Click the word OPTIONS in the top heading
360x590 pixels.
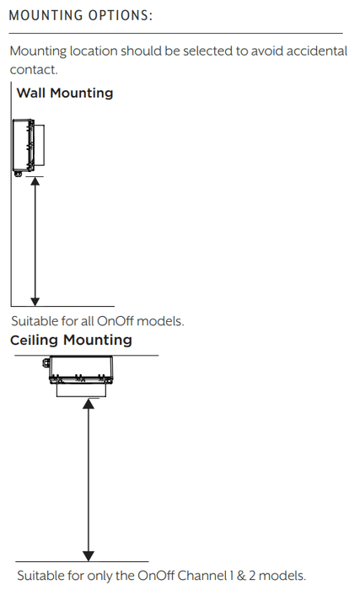click(x=120, y=15)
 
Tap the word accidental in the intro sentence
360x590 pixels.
click(x=317, y=51)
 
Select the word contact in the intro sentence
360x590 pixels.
click(x=34, y=70)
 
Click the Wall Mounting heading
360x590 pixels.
click(x=65, y=93)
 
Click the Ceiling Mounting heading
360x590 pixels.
click(x=71, y=340)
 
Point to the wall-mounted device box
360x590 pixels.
click(x=28, y=145)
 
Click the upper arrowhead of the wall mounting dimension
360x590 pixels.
click(x=35, y=180)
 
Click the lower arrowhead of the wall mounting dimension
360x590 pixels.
click(x=35, y=302)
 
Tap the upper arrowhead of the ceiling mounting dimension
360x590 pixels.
click(x=89, y=404)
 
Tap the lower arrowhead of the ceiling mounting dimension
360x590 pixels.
click(x=89, y=556)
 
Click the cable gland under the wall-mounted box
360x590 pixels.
click(x=18, y=174)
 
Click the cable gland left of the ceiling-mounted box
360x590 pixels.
click(x=46, y=363)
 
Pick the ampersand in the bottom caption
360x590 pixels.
click(x=240, y=576)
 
